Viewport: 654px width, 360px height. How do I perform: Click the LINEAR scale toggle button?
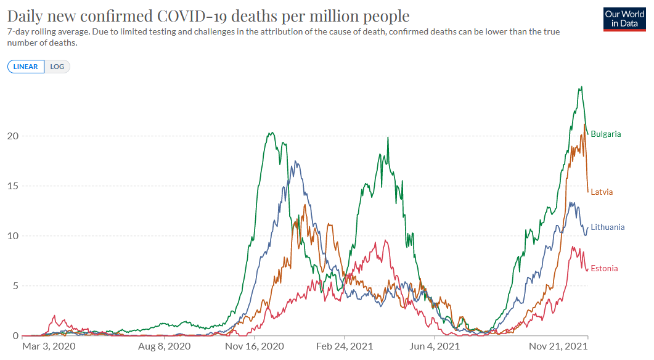coord(26,67)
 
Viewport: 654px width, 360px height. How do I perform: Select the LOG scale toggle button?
coord(57,67)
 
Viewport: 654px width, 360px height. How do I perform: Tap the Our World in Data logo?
coord(624,19)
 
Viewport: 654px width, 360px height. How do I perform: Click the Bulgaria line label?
coord(606,134)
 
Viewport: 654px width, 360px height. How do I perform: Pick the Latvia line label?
coord(602,192)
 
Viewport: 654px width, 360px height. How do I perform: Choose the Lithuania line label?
coord(607,227)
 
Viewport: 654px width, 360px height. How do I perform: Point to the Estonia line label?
coord(604,268)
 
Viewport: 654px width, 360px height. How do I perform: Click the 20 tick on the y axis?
coord(13,136)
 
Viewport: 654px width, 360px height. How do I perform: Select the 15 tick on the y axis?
coord(13,186)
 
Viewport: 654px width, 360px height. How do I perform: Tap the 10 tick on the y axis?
coord(13,235)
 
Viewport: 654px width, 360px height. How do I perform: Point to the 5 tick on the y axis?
coord(15,285)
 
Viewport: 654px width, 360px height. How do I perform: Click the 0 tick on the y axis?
coord(15,336)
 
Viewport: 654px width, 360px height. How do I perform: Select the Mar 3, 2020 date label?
coord(49,346)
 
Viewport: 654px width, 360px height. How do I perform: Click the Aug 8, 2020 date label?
coord(165,346)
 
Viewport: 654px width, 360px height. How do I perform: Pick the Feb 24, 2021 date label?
coord(345,346)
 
